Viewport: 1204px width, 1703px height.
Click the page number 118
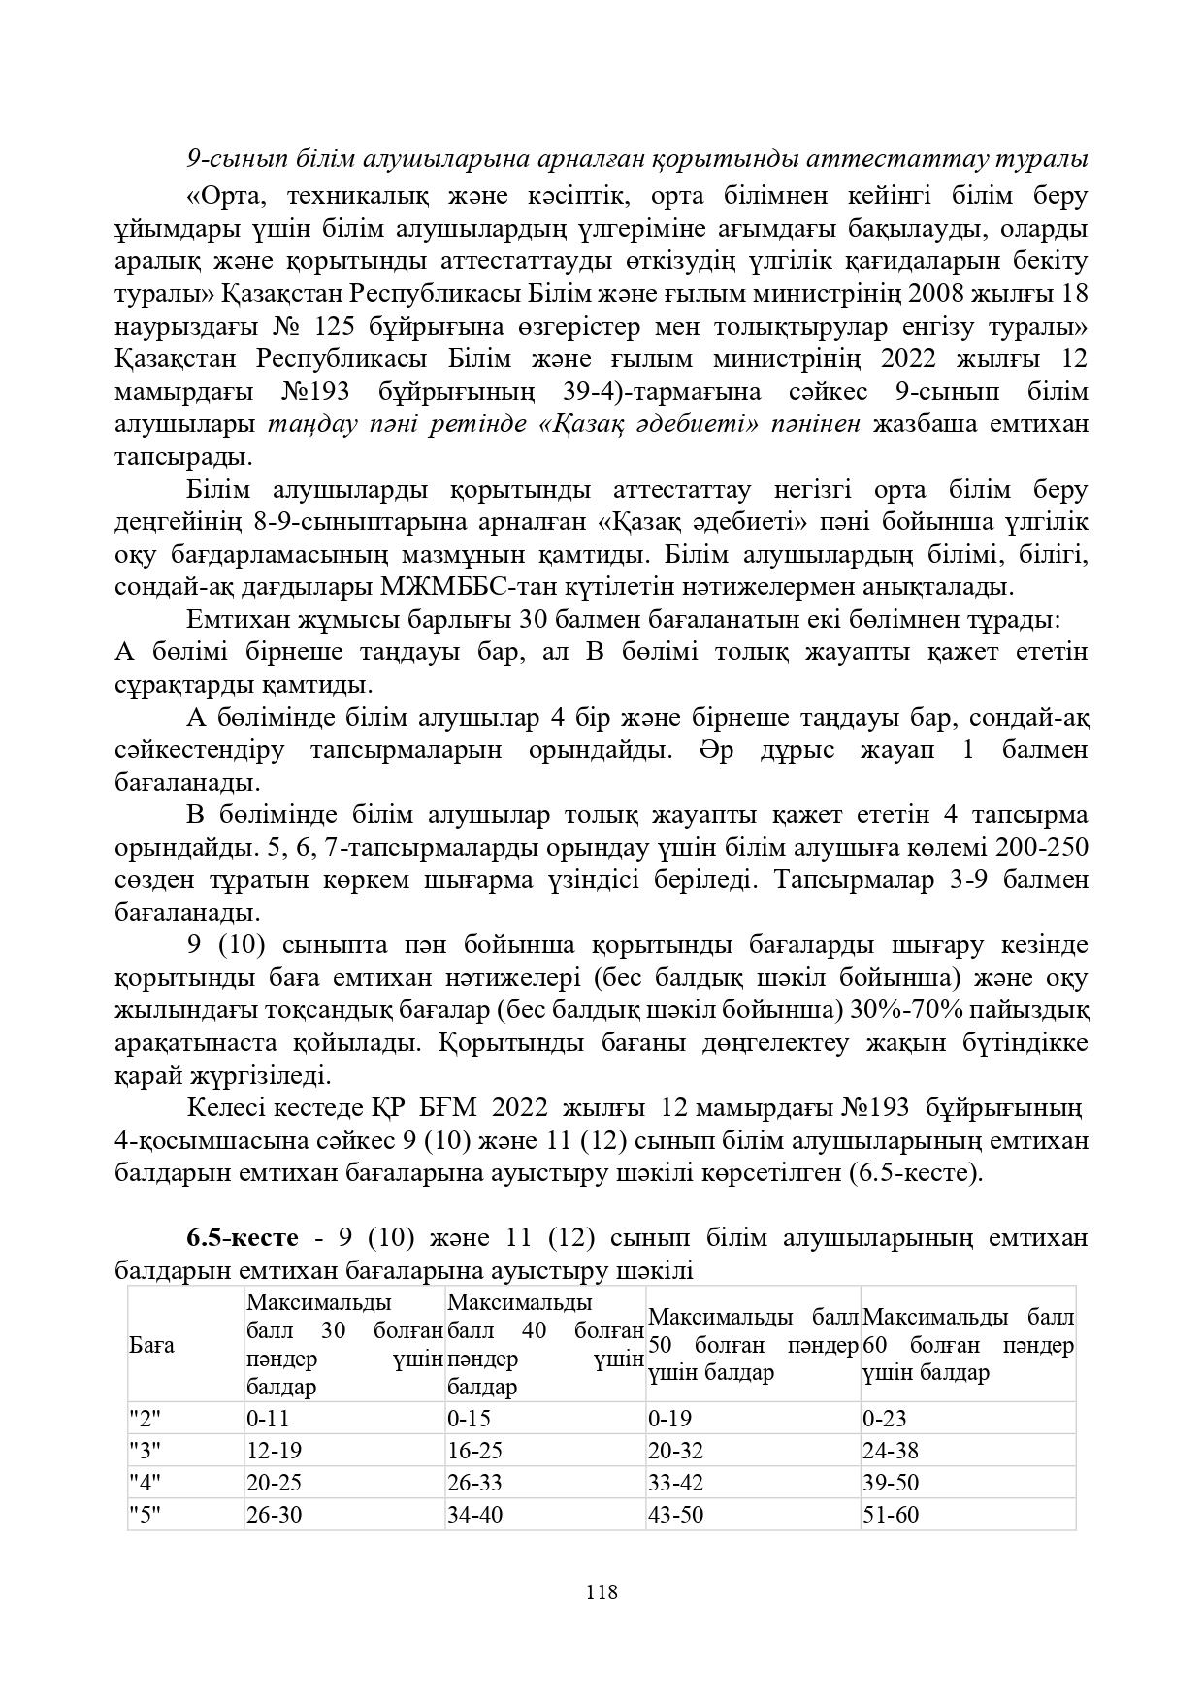tap(602, 1592)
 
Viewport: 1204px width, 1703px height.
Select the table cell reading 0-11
tap(268, 1419)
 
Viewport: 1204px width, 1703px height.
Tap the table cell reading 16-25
tap(474, 1451)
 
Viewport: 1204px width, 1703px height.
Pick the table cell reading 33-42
tap(675, 1483)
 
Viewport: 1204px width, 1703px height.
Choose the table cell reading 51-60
tap(890, 1515)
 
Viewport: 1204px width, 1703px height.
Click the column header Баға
tap(151, 1345)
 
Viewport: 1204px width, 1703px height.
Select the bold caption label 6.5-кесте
tap(242, 1239)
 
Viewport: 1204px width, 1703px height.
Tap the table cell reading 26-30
tap(274, 1515)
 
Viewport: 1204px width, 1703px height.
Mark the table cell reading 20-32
tap(675, 1451)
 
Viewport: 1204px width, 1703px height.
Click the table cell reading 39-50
tap(890, 1483)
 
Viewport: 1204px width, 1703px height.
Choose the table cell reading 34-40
tap(474, 1515)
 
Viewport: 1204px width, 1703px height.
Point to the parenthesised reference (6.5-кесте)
tap(915, 1173)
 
